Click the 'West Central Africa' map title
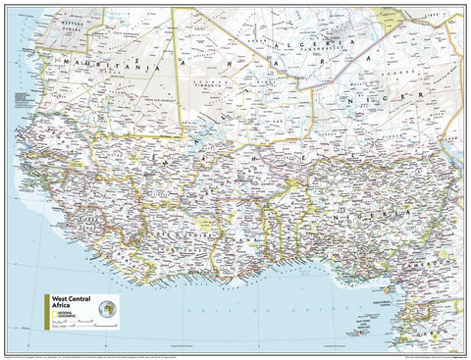70,300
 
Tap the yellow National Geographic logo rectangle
62,317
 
